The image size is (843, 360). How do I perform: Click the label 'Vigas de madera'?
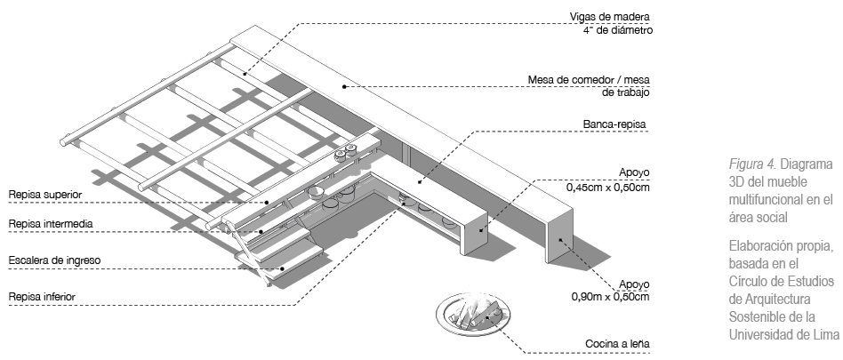coord(610,17)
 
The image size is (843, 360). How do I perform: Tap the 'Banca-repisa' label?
coord(614,124)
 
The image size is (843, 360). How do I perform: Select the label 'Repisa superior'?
coord(45,195)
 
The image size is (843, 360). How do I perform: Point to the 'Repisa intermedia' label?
coord(51,223)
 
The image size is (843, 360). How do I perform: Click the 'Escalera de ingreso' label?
coord(54,260)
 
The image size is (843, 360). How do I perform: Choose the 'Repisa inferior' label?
coord(42,297)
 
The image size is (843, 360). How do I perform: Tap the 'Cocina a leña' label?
coord(617,343)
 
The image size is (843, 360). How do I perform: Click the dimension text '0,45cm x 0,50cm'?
coord(607,188)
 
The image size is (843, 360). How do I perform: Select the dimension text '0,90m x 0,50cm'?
coord(610,297)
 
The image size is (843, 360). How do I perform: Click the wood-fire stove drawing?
coord(473,316)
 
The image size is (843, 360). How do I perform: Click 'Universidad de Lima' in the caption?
coord(783,333)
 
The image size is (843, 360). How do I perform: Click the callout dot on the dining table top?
coord(345,86)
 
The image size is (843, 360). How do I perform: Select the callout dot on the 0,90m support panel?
coord(559,240)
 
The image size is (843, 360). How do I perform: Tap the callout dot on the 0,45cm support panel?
coord(481,230)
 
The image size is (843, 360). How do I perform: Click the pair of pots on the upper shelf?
coord(345,151)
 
